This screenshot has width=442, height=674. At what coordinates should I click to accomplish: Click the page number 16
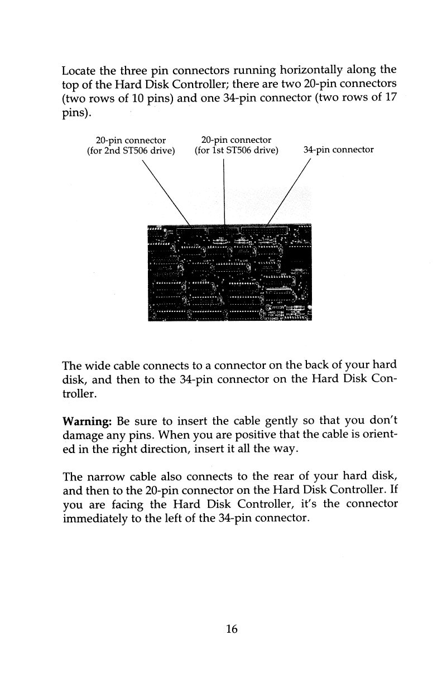[x=232, y=629]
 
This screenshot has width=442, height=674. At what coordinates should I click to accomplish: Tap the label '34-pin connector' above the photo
[x=338, y=150]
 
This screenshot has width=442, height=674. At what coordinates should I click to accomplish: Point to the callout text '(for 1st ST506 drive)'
[x=236, y=150]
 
